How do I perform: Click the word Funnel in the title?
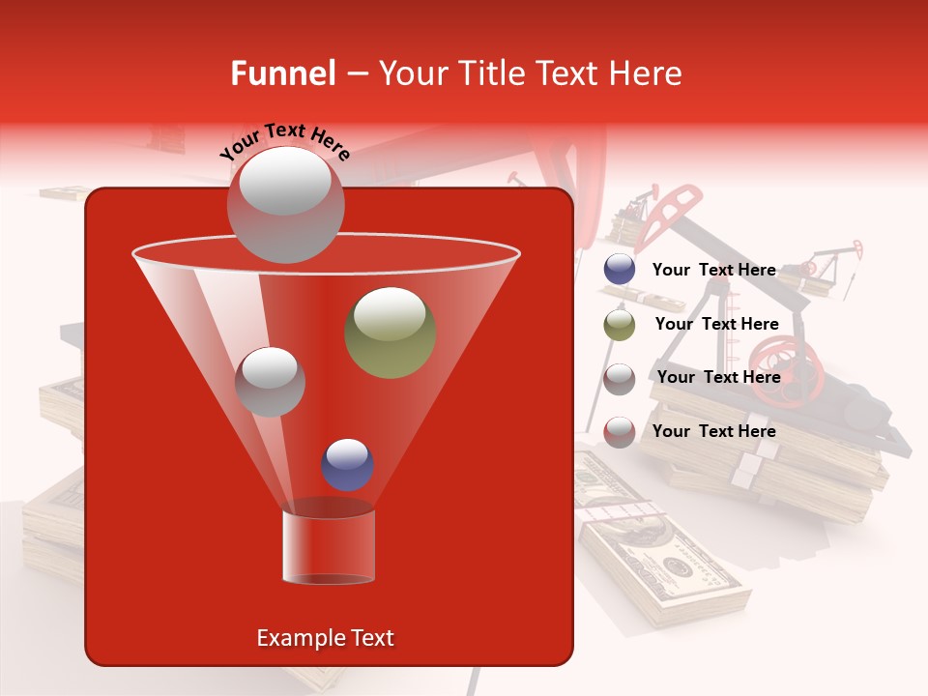282,73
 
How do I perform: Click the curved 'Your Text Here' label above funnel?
284,141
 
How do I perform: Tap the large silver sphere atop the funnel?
284,204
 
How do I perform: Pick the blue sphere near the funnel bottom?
347,464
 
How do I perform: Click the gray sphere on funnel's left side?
270,382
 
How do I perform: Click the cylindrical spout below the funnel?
328,546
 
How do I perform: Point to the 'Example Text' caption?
325,638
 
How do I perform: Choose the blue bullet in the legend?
620,270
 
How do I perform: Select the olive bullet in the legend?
620,325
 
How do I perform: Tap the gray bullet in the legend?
620,378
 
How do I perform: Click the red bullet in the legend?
620,432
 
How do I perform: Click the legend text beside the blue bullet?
713,270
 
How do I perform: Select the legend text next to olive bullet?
716,325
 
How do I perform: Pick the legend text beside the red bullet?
713,431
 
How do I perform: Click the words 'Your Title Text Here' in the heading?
530,73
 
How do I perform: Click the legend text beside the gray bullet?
718,377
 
